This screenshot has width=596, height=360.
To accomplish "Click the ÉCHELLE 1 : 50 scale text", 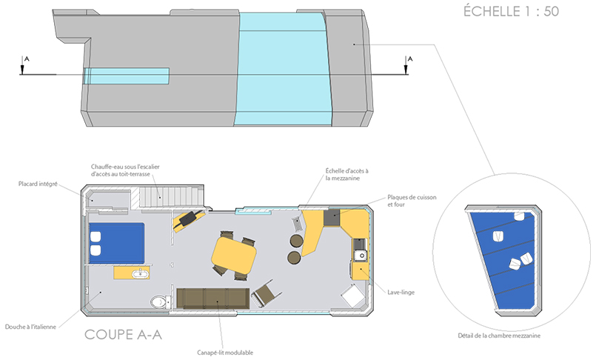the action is click(512, 11).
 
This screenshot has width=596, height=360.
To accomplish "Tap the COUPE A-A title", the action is click(123, 335).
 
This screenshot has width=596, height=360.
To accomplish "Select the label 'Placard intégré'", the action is click(38, 184).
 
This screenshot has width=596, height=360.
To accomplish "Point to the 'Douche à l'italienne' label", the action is click(30, 327).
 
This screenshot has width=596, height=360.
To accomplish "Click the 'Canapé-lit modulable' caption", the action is click(225, 353).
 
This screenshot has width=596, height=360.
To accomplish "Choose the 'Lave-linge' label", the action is click(401, 293).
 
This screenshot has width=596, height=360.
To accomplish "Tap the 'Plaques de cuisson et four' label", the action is click(412, 201).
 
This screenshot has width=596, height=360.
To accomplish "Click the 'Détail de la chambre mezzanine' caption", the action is click(499, 336).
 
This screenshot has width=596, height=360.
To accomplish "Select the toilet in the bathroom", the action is click(159, 302).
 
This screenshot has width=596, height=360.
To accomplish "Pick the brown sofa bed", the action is click(213, 299).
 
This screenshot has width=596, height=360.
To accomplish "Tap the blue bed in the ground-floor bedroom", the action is click(117, 243).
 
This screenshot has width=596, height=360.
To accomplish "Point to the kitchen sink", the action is click(361, 256).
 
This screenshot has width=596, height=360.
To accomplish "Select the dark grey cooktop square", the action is click(332, 218).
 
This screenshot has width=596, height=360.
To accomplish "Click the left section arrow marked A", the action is click(22, 65).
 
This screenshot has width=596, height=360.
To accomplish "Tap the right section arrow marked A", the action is click(406, 65).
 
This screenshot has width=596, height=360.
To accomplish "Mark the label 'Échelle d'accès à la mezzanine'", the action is click(346, 175).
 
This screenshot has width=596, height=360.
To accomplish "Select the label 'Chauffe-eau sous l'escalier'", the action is click(125, 167).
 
